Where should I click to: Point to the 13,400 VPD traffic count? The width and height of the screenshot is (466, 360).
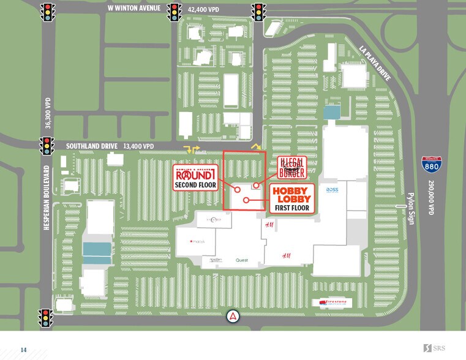coord(139,146)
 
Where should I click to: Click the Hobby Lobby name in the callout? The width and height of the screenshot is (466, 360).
coord(291,195)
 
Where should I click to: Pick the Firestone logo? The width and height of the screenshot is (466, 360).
coord(332,302)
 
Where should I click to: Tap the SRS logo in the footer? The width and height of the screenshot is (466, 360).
coord(435,348)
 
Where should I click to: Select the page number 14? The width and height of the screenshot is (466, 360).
coord(24,350)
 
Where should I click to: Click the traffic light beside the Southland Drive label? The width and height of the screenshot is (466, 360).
coord(47,146)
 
